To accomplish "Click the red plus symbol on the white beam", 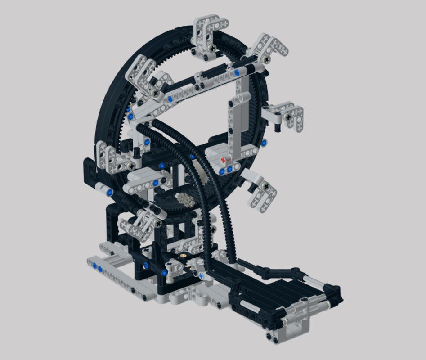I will tap(223, 160).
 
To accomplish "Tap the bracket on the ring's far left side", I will tap(108, 157).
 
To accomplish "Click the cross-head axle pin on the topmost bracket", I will tap(211, 47).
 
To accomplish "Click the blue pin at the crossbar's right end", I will tap(236, 72).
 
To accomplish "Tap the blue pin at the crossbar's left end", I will tap(170, 99).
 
